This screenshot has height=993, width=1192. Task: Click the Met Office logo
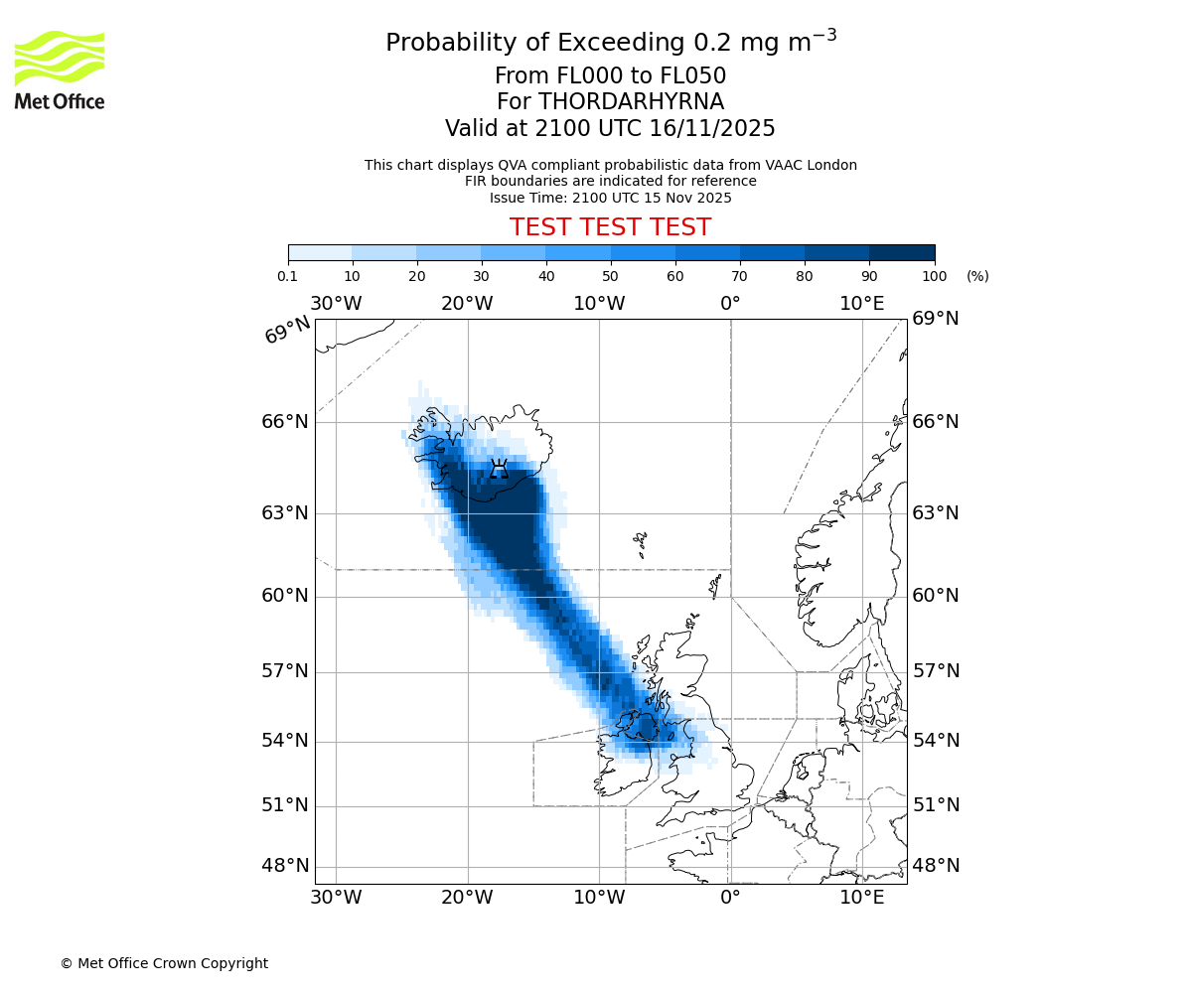coord(60,70)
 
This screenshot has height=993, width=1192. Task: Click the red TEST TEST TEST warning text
coord(610,227)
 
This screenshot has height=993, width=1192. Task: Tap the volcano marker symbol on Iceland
coord(499,469)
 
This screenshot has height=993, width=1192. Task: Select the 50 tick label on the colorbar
coord(610,276)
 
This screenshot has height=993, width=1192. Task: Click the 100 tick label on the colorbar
coord(934,276)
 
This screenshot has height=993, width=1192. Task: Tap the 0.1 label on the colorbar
coord(288,276)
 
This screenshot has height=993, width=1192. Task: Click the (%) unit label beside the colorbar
coord(977,276)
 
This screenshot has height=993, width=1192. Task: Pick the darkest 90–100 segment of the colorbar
coord(902,252)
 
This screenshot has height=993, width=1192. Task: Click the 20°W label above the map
coord(467,304)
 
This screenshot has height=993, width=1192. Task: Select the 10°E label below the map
coord(861,898)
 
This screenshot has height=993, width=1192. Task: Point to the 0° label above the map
coord(730,304)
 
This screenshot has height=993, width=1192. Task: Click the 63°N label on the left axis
coord(285,513)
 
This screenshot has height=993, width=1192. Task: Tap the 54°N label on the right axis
coord(936,741)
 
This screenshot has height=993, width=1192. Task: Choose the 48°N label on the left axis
coord(285,866)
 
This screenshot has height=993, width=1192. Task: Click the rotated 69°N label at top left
coord(287,330)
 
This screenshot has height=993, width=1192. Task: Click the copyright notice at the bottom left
coord(164,963)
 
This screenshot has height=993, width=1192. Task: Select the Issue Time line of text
coord(610,198)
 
